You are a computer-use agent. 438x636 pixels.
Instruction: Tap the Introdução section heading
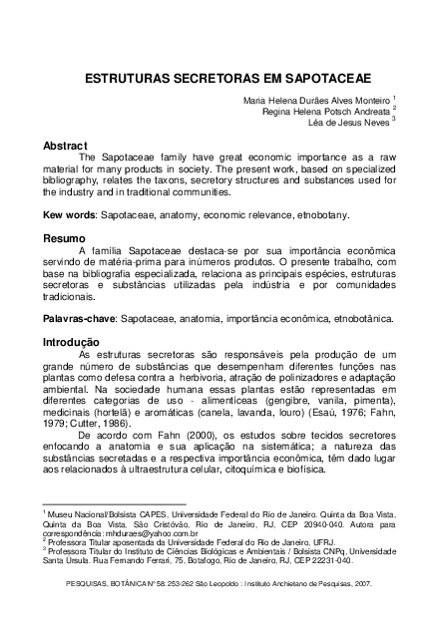70,341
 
